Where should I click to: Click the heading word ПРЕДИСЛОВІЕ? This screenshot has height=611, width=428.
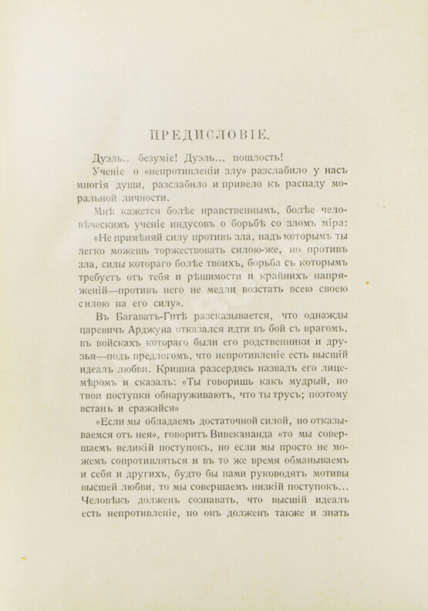click(213, 134)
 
